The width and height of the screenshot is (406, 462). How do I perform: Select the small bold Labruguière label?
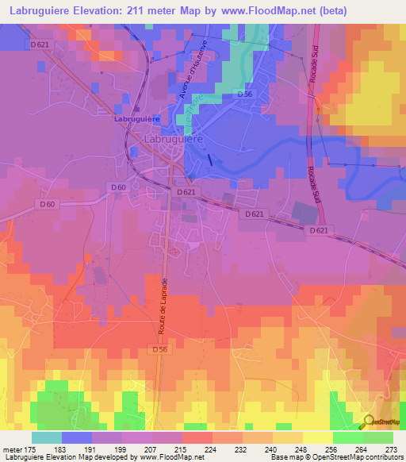click(x=137, y=118)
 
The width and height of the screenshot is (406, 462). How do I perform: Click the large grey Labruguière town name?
click(x=173, y=138)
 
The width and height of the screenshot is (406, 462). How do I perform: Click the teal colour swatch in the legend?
click(x=47, y=437)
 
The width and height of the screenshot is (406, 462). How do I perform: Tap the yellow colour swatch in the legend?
click(x=317, y=437)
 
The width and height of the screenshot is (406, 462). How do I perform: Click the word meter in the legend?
click(x=12, y=449)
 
